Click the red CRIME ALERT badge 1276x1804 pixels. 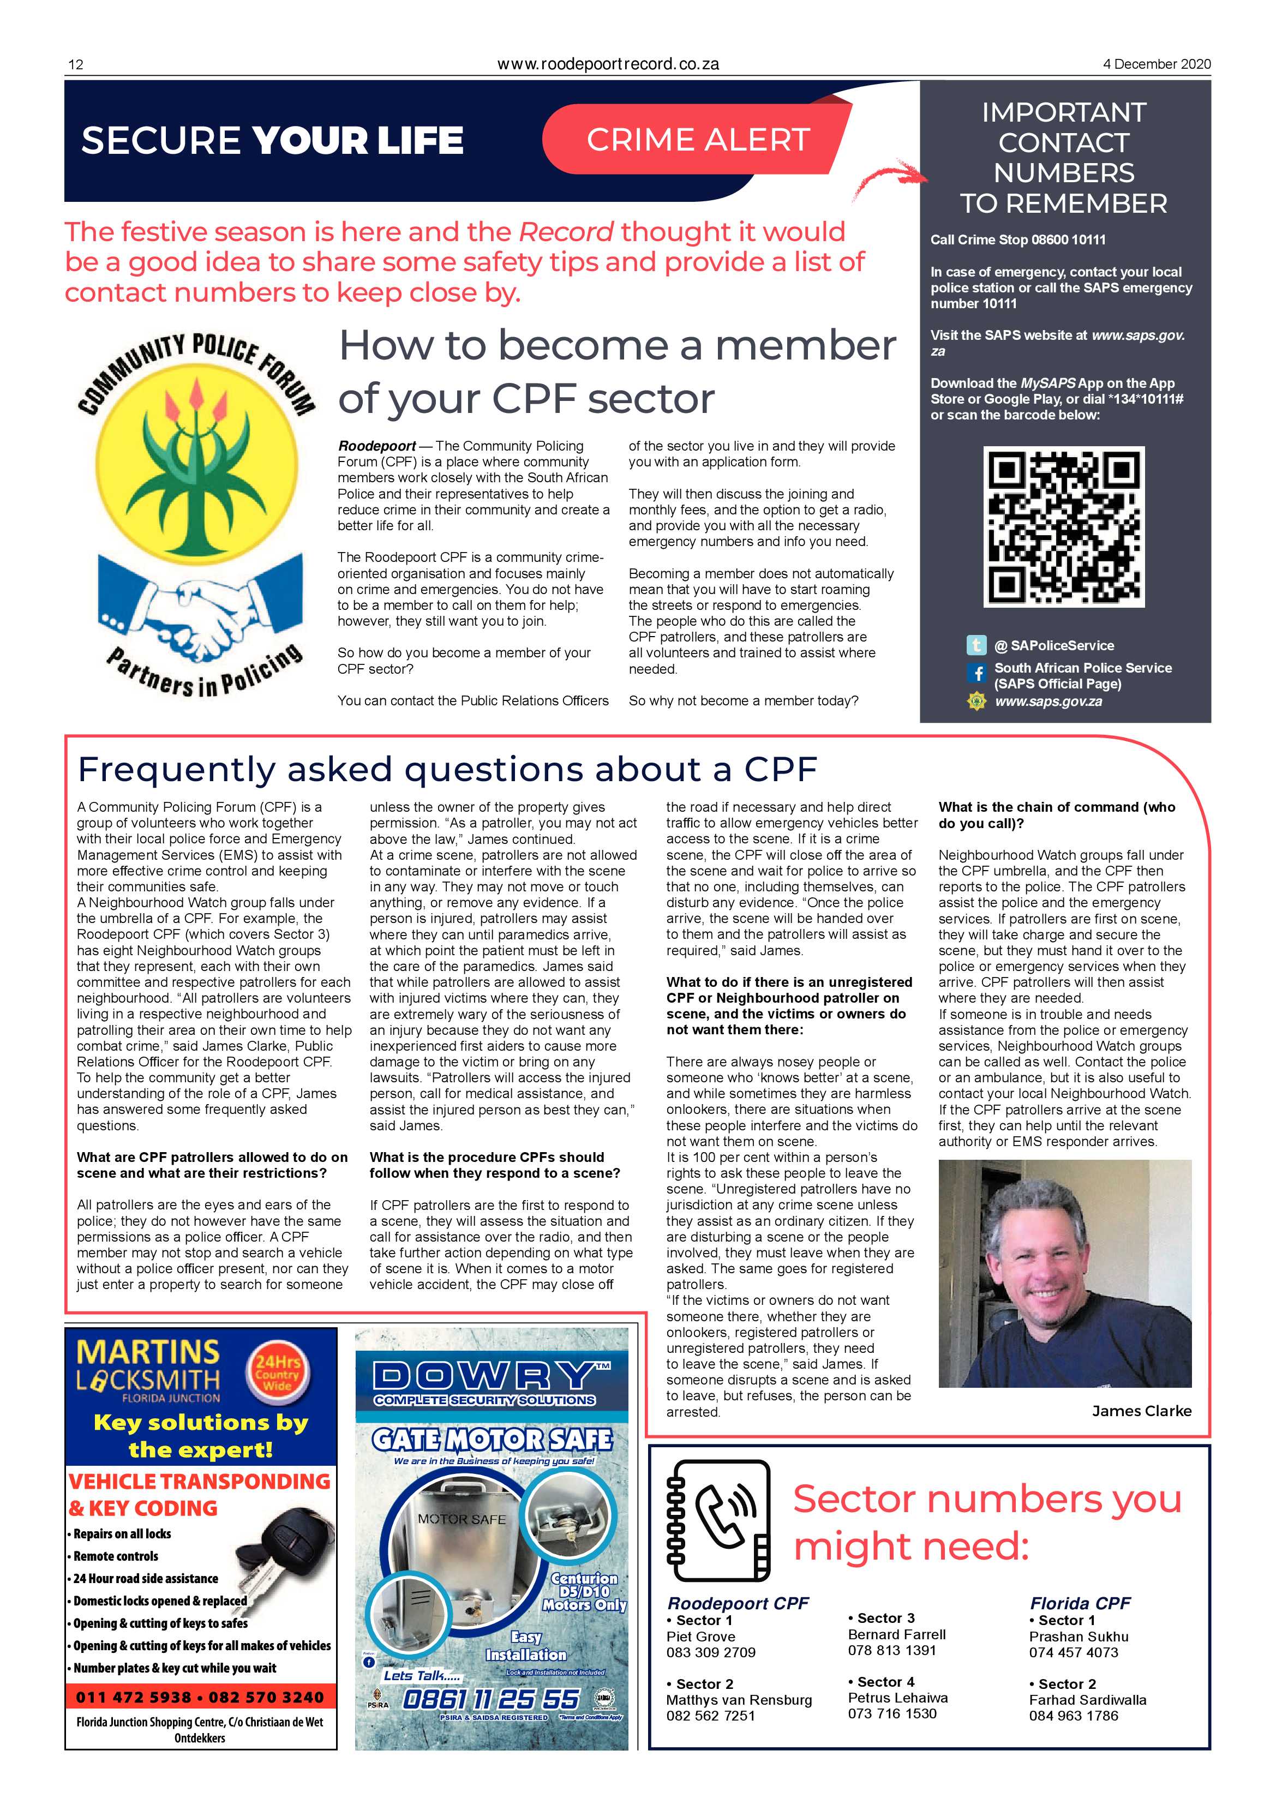(698, 139)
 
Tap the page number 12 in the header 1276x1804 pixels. (75, 64)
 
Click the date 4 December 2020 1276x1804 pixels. (1157, 64)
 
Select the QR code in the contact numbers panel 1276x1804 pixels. (1063, 526)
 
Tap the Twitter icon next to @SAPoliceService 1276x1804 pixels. (976, 645)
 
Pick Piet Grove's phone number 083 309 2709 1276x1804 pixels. (710, 1652)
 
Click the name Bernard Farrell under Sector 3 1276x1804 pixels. (896, 1634)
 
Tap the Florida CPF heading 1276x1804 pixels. (1080, 1603)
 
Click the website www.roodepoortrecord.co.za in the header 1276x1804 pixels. (608, 64)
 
